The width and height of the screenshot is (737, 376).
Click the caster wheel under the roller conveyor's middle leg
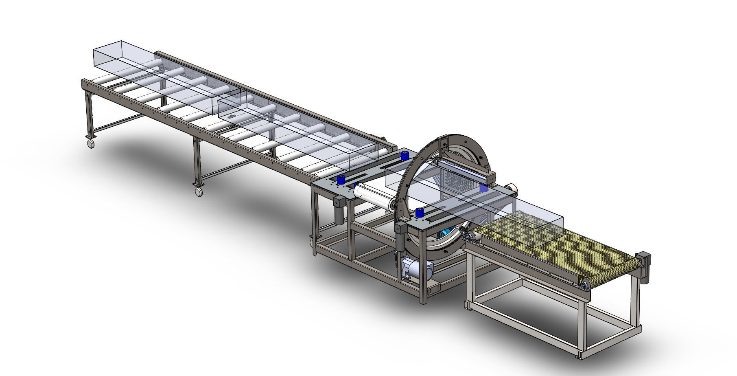199,192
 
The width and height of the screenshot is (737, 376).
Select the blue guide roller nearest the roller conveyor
341,180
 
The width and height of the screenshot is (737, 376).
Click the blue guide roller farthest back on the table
405,156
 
